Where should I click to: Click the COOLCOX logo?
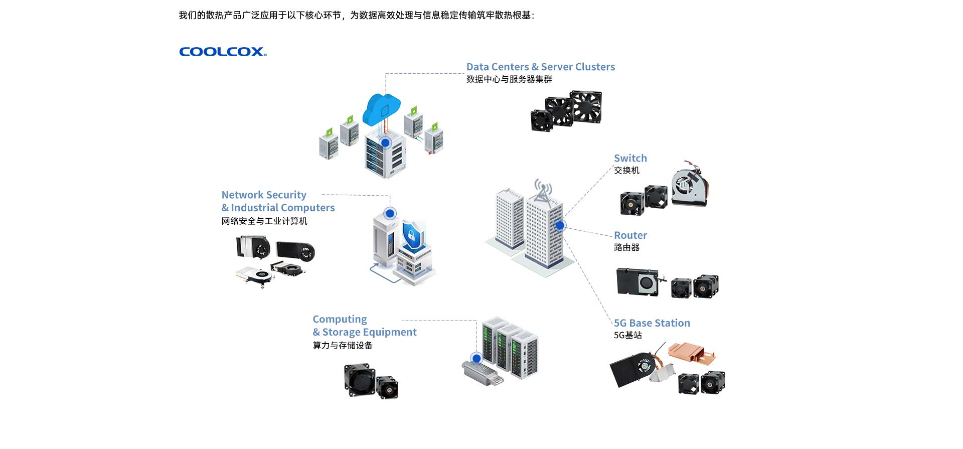click(x=223, y=52)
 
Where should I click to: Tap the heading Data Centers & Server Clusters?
click(x=540, y=67)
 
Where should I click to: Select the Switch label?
click(x=630, y=158)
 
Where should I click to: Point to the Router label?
click(x=630, y=235)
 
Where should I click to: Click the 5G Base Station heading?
click(x=652, y=323)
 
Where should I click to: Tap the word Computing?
click(x=340, y=319)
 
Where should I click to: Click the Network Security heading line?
click(x=264, y=195)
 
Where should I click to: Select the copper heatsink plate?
click(x=691, y=353)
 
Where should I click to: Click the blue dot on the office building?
click(x=560, y=226)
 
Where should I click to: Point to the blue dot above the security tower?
click(x=390, y=213)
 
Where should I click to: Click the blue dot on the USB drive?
click(x=476, y=358)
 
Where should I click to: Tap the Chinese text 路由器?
click(x=626, y=247)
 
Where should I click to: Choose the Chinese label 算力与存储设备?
click(x=343, y=345)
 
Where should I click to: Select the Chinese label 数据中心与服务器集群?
click(x=509, y=79)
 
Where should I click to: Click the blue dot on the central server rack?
click(x=385, y=142)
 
